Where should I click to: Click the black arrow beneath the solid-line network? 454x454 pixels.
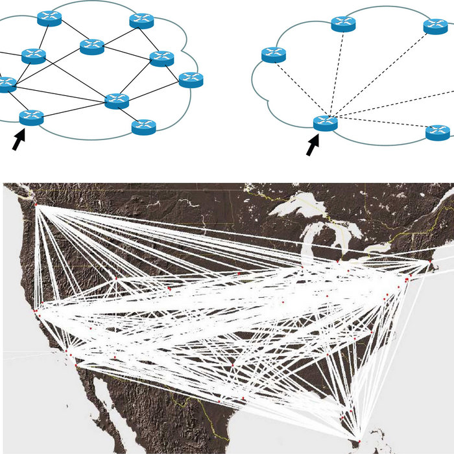pos(19,139)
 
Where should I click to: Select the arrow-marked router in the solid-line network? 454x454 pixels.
pos(31,117)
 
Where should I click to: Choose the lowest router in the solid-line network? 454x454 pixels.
pos(143,126)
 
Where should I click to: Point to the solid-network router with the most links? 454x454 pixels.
pos(117,100)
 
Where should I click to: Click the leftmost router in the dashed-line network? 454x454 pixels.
pos(274,54)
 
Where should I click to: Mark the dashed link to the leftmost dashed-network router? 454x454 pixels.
pos(299,88)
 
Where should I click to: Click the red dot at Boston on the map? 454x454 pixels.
pos(431,260)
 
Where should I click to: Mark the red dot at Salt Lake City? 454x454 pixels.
pos(115,278)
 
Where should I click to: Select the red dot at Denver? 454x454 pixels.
pos(170,289)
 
